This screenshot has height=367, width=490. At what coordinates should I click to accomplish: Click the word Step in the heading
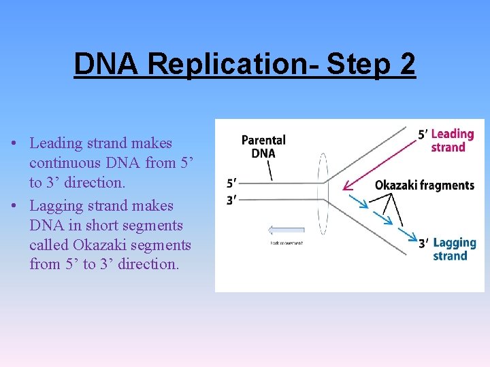click(x=358, y=65)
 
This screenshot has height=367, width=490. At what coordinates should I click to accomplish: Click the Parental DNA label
click(x=263, y=146)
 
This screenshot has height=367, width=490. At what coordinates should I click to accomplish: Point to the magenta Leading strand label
click(x=452, y=141)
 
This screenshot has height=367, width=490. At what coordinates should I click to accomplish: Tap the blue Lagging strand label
click(x=454, y=249)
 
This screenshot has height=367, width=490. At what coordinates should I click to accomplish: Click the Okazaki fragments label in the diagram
click(x=424, y=185)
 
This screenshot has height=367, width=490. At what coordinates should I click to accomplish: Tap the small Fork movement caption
click(x=286, y=243)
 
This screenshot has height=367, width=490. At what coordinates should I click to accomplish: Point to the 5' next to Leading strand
click(x=423, y=135)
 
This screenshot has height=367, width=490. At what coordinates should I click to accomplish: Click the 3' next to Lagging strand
click(x=423, y=243)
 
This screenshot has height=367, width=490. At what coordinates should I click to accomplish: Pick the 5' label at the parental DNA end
click(x=231, y=183)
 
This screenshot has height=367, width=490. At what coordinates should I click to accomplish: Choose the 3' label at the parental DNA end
click(x=231, y=200)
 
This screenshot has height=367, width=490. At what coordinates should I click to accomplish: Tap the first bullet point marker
click(x=14, y=144)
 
